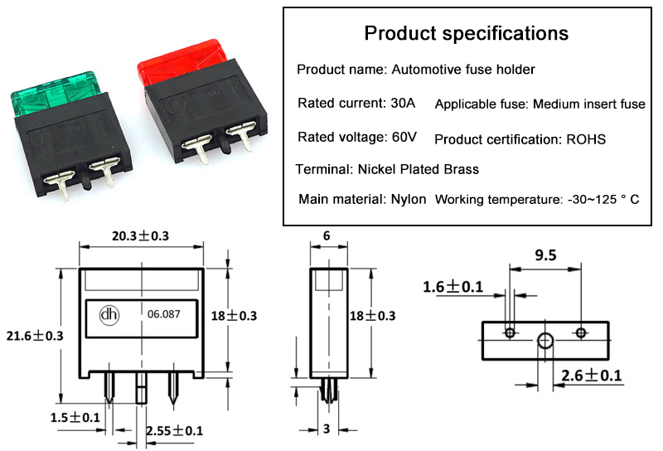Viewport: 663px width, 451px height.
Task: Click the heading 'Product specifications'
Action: [467, 34]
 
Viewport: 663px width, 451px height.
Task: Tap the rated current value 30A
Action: [402, 104]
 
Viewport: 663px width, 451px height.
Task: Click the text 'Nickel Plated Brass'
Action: [418, 169]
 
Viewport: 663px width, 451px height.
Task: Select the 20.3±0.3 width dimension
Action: [140, 236]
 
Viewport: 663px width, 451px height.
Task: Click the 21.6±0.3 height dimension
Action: [34, 334]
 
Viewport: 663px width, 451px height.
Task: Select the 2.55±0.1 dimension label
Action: [174, 431]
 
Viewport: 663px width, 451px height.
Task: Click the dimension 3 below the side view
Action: [327, 430]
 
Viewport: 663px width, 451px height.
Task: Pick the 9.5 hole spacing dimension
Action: [545, 256]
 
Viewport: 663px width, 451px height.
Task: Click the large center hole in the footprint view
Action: [544, 340]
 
